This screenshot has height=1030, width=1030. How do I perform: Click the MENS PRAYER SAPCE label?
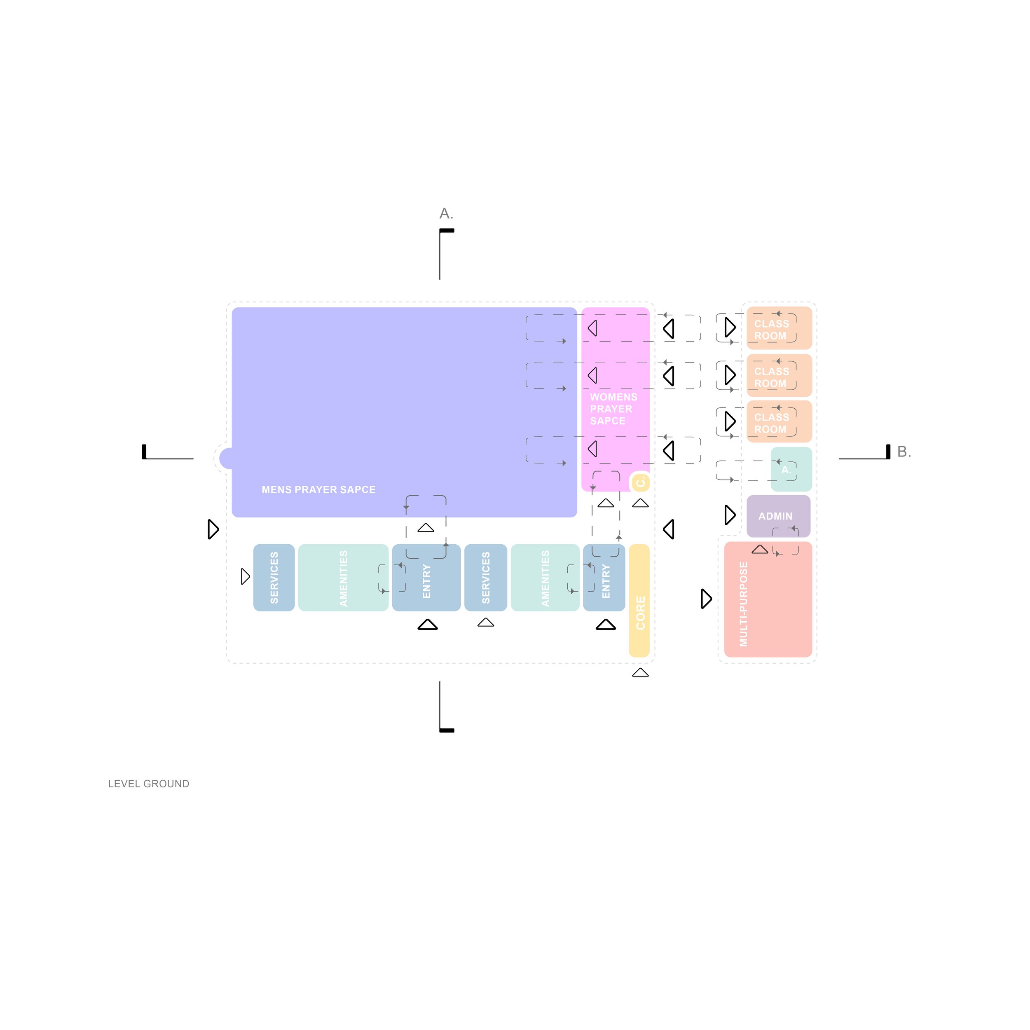(x=318, y=489)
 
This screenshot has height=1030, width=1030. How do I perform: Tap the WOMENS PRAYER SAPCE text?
(x=613, y=409)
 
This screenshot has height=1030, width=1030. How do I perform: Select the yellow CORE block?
(x=639, y=601)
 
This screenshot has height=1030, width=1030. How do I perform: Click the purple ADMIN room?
(x=778, y=515)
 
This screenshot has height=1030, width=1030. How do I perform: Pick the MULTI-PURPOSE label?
(x=743, y=604)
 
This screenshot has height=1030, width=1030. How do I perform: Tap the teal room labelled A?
(x=791, y=469)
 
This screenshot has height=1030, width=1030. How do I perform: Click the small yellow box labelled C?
(x=640, y=482)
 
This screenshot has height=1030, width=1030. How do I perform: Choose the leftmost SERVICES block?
(x=274, y=577)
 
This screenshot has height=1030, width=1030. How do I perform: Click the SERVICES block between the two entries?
(x=485, y=577)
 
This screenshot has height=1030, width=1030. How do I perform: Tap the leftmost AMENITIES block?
(x=343, y=577)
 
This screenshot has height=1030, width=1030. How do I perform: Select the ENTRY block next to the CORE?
(x=604, y=577)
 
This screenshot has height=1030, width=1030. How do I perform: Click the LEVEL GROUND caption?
(x=149, y=784)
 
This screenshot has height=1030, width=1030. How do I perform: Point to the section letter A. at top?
(x=446, y=214)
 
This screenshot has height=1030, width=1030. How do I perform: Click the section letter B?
(x=904, y=452)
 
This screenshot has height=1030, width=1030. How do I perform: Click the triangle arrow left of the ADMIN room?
(x=730, y=515)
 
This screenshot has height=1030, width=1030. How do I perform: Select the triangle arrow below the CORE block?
(x=640, y=673)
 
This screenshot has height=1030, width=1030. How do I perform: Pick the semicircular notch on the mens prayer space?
(x=226, y=459)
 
